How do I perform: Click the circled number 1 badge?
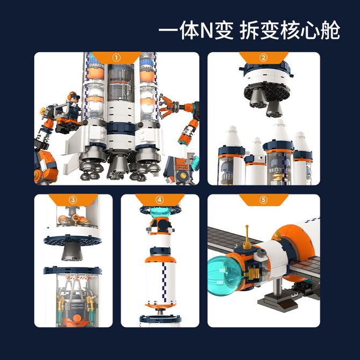pyautogui.click(x=117, y=57)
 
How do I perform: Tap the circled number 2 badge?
pyautogui.click(x=263, y=57)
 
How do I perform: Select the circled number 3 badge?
pyautogui.click(x=73, y=200)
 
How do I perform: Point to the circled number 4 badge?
pyautogui.click(x=160, y=200)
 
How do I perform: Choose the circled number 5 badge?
pyautogui.click(x=263, y=200)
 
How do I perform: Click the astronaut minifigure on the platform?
pyautogui.click(x=74, y=103)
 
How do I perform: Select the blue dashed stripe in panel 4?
pyautogui.click(x=164, y=283)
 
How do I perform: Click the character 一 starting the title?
pyautogui.click(x=168, y=30)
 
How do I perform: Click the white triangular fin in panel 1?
pyautogui.click(x=73, y=149)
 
